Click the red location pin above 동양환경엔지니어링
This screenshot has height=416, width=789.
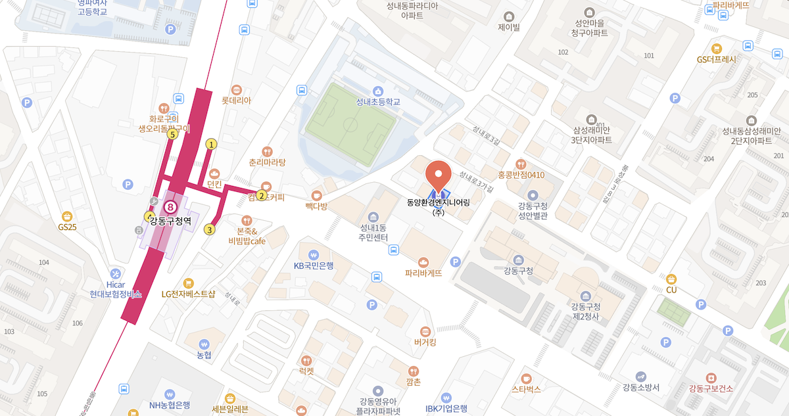click(439, 174)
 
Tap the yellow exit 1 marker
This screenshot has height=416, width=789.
click(211, 144)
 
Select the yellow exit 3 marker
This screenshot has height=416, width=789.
click(209, 229)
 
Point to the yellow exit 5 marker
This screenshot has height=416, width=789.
click(172, 135)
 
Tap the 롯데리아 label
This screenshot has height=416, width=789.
click(236, 101)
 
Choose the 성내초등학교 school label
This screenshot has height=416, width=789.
click(378, 102)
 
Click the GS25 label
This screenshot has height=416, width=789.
click(67, 227)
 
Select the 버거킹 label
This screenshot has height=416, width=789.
click(425, 342)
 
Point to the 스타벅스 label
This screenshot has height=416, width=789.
click(526, 388)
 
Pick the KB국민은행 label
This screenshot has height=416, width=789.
click(314, 266)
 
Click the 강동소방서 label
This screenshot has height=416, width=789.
click(640, 387)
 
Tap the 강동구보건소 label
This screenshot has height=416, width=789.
click(711, 388)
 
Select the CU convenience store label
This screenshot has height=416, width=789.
click(671, 289)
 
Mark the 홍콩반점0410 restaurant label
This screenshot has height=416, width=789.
click(521, 174)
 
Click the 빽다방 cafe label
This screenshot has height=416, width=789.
click(316, 206)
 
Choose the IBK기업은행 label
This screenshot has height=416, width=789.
click(446, 408)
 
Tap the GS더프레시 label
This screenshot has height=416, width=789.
click(717, 58)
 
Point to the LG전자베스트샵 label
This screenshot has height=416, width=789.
click(189, 294)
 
